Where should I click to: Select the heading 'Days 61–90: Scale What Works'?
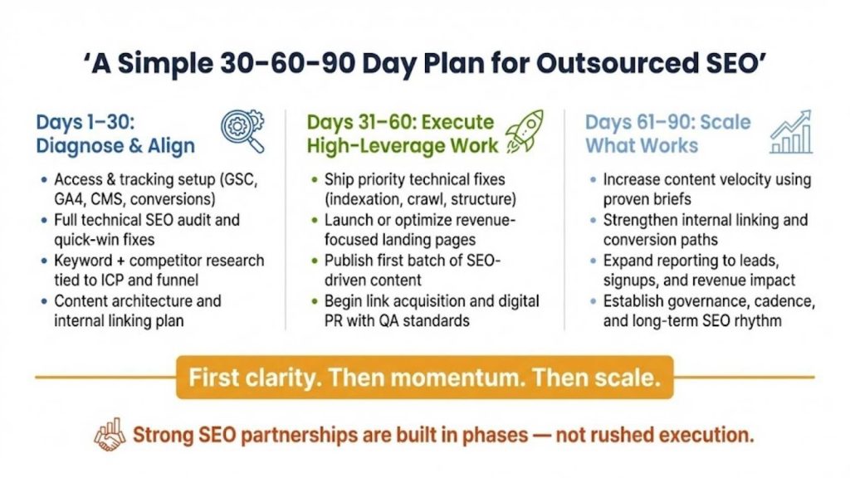[667, 134]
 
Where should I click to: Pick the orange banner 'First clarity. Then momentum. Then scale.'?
[424, 378]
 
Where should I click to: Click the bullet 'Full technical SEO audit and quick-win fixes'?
[147, 230]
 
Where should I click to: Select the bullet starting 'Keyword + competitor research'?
[159, 270]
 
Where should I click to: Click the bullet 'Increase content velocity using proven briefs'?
[706, 189]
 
